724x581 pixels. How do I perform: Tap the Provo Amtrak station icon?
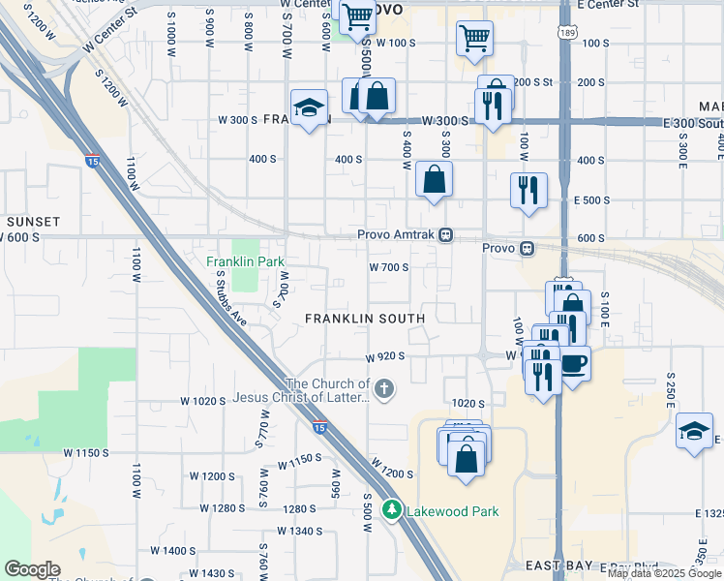click(445, 234)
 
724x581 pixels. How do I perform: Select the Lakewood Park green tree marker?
click(392, 509)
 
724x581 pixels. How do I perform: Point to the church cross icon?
click(384, 389)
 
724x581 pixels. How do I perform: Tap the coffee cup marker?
click(574, 363)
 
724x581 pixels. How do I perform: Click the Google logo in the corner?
click(32, 569)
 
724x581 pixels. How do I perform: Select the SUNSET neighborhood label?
click(33, 222)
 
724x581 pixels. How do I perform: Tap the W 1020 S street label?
click(202, 401)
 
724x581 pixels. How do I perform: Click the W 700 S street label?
click(388, 267)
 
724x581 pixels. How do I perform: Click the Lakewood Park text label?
click(453, 510)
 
